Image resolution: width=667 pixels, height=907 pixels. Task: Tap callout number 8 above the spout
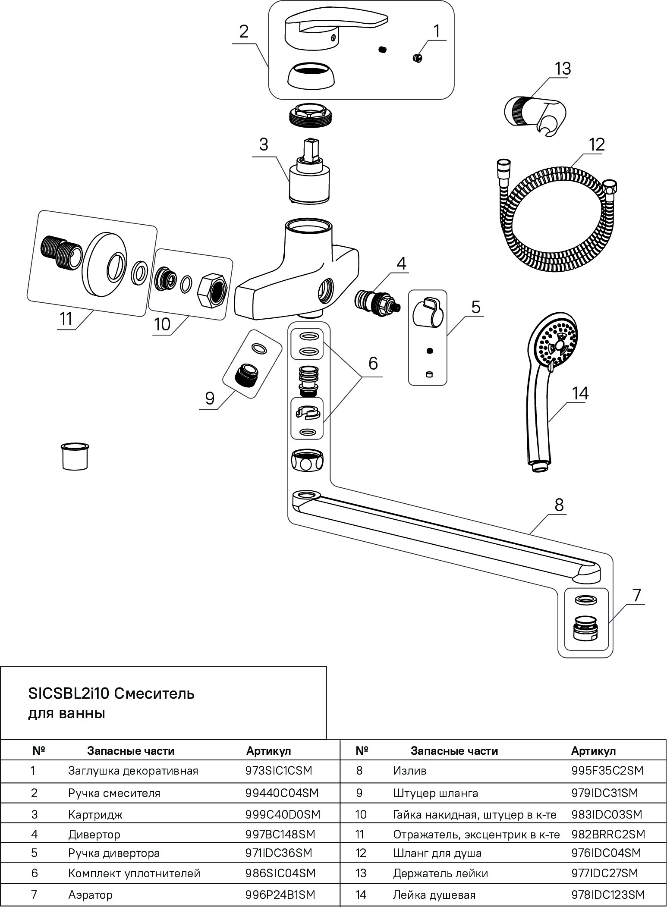click(x=559, y=504)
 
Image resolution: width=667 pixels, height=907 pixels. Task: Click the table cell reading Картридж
click(x=95, y=815)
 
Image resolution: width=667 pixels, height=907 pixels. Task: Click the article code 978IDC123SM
click(x=608, y=895)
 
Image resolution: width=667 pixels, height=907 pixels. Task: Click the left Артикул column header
click(x=268, y=751)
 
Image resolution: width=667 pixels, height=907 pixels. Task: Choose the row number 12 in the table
click(x=361, y=853)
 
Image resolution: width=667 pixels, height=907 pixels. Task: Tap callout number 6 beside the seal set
click(x=373, y=363)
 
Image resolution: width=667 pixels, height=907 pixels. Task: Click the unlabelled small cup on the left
click(x=75, y=456)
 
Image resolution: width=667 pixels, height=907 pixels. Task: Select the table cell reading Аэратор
click(x=90, y=895)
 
